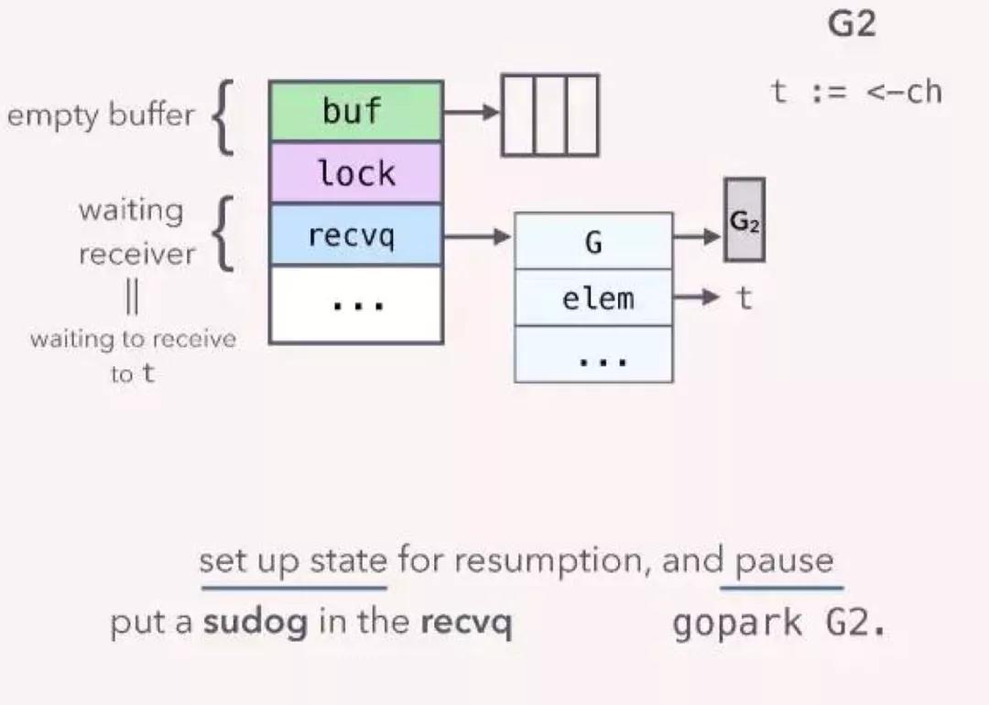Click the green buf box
click(x=355, y=112)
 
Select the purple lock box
click(x=355, y=173)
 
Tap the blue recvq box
click(x=355, y=235)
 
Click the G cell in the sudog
click(x=593, y=242)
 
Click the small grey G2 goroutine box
click(x=744, y=221)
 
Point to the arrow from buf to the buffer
click(x=473, y=113)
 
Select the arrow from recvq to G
click(x=477, y=236)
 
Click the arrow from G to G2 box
click(x=698, y=236)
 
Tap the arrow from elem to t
click(x=699, y=298)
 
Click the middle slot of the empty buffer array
click(x=549, y=115)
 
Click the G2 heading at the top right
click(x=852, y=25)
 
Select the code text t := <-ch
click(x=855, y=92)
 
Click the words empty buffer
click(x=101, y=115)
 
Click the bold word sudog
click(x=255, y=624)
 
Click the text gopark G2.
click(x=779, y=624)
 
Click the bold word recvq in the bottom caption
click(x=465, y=624)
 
